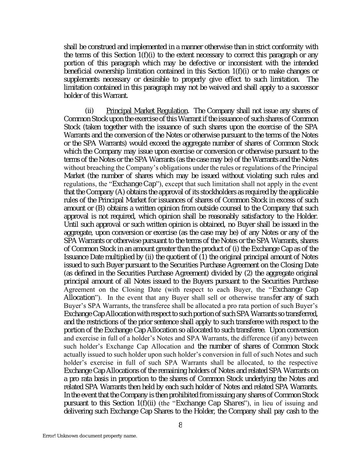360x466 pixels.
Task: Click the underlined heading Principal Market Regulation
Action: tap(147, 111)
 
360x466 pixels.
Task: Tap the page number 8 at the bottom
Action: tap(180, 425)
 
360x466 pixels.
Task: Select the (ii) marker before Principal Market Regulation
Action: tap(89, 111)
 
